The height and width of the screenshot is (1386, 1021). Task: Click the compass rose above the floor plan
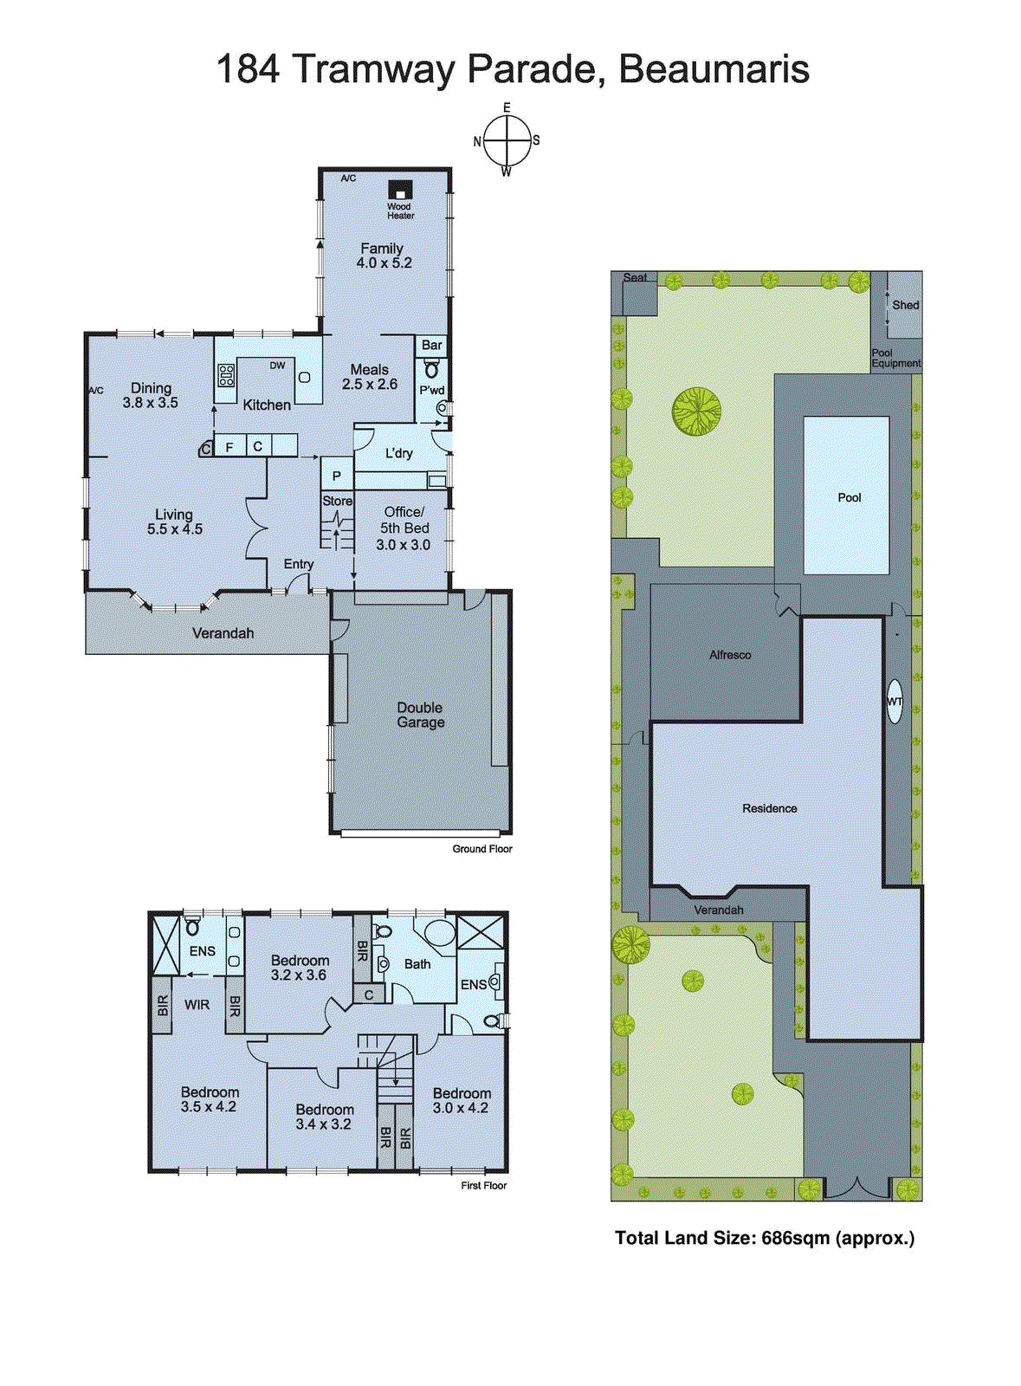click(507, 140)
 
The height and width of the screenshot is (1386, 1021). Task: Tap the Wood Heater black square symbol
click(399, 190)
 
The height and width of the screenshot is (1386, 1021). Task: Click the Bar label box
click(431, 345)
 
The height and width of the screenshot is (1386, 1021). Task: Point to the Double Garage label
click(421, 715)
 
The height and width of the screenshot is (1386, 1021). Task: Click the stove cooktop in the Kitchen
click(226, 375)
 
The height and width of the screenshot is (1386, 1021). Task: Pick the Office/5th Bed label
click(404, 528)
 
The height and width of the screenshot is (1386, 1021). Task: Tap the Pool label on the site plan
click(849, 497)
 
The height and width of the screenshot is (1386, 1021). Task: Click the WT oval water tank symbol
click(895, 702)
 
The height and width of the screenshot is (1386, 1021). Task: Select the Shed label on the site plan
click(905, 305)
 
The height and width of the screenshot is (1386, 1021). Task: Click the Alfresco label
click(730, 655)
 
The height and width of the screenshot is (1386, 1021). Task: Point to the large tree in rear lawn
click(696, 411)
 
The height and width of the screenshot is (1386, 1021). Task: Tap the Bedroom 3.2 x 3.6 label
click(300, 967)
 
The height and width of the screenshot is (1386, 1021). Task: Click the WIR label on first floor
click(197, 1005)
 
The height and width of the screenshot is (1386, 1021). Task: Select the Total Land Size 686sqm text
click(764, 1238)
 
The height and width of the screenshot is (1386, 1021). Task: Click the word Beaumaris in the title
click(714, 69)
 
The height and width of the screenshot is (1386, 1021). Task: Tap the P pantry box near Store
click(337, 476)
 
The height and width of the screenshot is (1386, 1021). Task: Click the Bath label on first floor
click(417, 963)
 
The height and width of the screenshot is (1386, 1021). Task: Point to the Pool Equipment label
click(895, 358)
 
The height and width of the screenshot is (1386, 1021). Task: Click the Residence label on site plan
click(769, 808)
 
